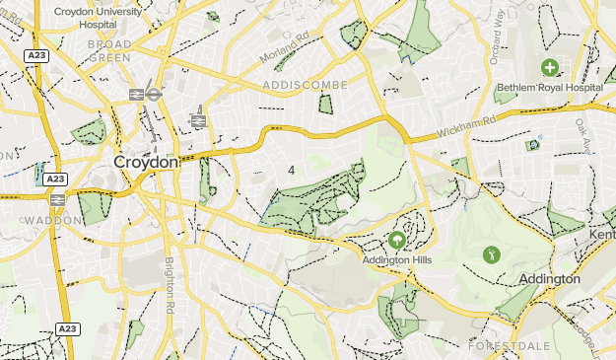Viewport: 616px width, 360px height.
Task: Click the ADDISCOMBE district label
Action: [x=306, y=86]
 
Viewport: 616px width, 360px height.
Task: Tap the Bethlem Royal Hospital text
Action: [x=549, y=87]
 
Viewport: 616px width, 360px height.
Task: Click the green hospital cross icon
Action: [x=549, y=67]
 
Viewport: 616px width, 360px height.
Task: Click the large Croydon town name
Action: [x=145, y=161]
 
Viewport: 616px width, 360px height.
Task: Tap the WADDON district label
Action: [x=51, y=220]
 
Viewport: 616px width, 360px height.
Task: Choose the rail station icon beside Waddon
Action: [x=57, y=200]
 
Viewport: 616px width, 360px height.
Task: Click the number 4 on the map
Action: [x=292, y=171]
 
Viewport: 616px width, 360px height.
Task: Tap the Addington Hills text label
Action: [x=396, y=261]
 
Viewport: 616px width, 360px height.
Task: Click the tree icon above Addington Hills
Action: [x=396, y=240]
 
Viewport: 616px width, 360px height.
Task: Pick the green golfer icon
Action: [x=491, y=254]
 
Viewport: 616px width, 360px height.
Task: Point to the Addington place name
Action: [x=549, y=280]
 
